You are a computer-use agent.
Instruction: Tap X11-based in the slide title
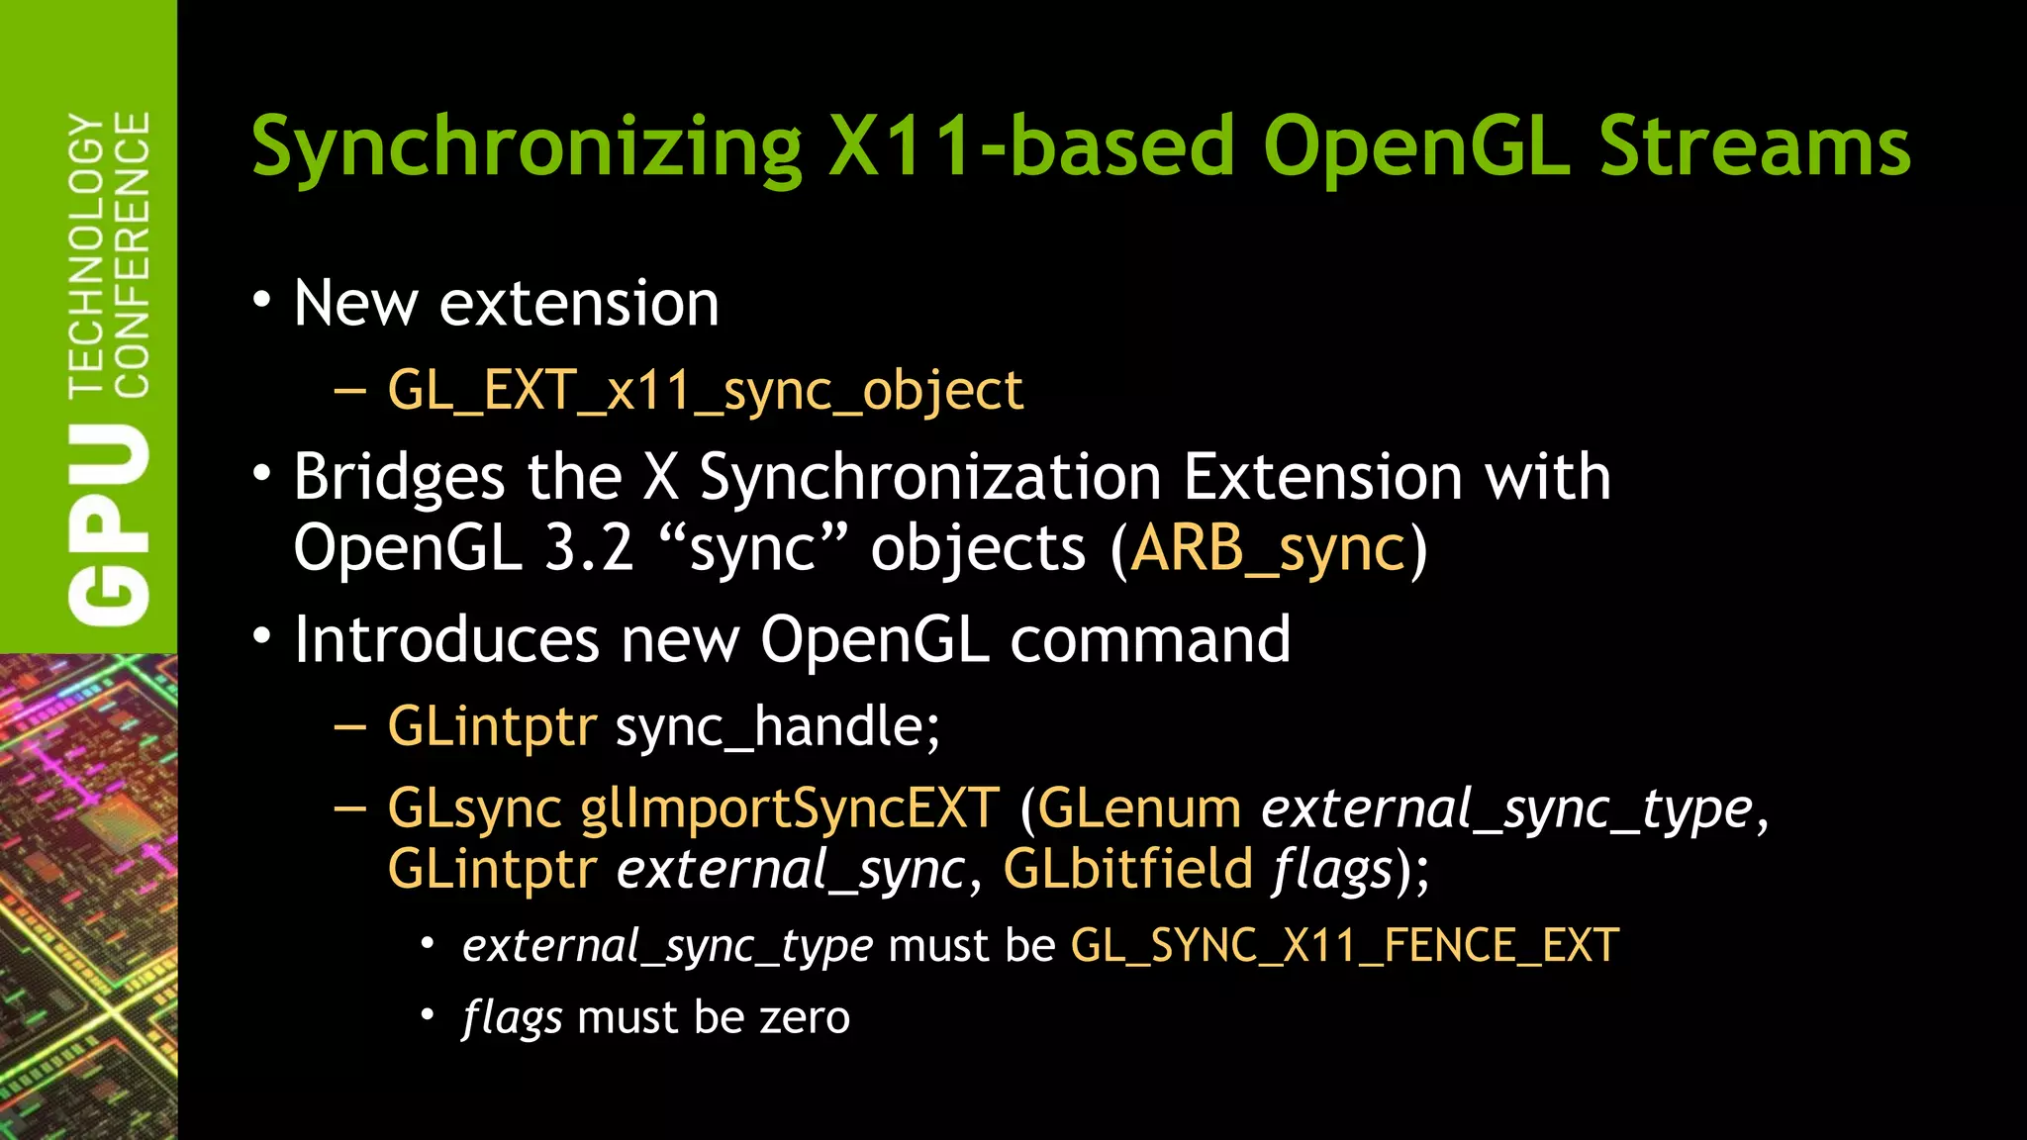click(1030, 146)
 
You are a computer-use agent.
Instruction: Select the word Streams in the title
click(1754, 146)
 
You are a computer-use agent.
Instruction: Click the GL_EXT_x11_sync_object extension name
click(705, 390)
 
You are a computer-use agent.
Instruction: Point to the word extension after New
click(579, 303)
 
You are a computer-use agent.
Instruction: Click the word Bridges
click(400, 478)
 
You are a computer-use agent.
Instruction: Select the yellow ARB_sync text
click(1268, 548)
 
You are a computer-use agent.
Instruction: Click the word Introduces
click(446, 639)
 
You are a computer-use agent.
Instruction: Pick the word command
click(1150, 639)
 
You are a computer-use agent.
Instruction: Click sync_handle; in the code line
click(778, 727)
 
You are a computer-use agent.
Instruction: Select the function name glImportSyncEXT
click(790, 808)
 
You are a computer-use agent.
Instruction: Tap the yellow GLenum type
click(1139, 808)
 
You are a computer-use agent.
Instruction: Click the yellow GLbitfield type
click(1128, 869)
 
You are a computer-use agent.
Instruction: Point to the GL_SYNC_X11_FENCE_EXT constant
click(1345, 946)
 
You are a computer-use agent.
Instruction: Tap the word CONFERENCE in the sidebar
click(133, 254)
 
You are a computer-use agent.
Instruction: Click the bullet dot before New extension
click(261, 301)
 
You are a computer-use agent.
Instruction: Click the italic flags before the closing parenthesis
click(1332, 871)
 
